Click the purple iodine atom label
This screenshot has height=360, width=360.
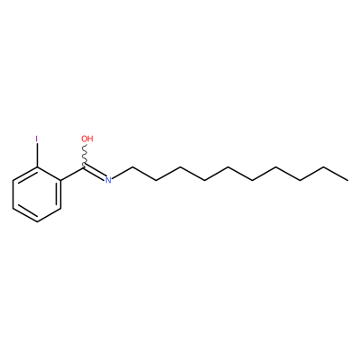tap(37, 139)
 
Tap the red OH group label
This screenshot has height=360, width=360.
tap(87, 139)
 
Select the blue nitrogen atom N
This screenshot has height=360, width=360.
tap(108, 180)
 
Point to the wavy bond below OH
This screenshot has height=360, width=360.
tap(85, 155)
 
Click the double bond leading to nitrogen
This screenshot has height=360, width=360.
tap(94, 174)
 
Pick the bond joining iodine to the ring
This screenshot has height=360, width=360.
tap(37, 155)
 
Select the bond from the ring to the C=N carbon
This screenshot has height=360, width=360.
tap(73, 174)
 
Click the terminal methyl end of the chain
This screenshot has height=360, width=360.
tap(348, 180)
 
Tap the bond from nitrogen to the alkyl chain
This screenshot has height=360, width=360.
tap(121, 172)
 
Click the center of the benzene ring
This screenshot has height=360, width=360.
tap(37, 194)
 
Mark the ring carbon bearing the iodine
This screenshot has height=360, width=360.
tap(37, 166)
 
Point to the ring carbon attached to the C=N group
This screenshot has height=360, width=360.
tap(61, 180)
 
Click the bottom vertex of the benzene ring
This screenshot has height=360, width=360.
tap(37, 222)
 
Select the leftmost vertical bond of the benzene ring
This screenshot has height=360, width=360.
tap(13, 194)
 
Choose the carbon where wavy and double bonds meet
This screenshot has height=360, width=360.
tap(85, 166)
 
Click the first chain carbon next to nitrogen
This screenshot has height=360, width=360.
tap(132, 166)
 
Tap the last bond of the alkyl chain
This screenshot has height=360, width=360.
tap(336, 174)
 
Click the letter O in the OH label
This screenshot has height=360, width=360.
tap(84, 139)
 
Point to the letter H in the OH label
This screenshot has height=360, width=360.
tap(90, 139)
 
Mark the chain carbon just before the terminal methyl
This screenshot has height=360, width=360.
tap(324, 166)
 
